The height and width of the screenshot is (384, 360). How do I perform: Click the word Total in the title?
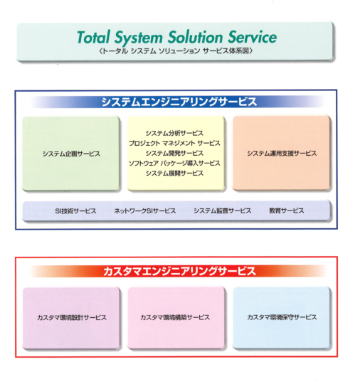(93, 38)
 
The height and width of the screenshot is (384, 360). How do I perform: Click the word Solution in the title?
(196, 37)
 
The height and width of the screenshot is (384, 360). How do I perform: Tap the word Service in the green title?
(253, 37)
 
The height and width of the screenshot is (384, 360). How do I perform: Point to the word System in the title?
(139, 38)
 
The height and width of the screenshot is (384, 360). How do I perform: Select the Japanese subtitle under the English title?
(176, 51)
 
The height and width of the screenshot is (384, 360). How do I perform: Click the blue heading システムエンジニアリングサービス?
(179, 102)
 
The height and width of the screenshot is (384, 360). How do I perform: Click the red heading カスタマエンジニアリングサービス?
(179, 272)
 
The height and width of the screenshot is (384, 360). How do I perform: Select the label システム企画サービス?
(71, 154)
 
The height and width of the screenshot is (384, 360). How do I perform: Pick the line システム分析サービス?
(174, 133)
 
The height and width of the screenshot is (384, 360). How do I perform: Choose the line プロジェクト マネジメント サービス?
(174, 143)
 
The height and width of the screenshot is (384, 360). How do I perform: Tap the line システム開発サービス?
(174, 154)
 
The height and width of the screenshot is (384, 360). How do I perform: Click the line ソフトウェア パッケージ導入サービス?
(174, 164)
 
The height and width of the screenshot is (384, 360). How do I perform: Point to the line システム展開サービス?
(174, 174)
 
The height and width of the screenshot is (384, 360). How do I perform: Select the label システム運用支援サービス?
(282, 154)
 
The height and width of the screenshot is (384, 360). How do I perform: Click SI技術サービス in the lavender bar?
(75, 211)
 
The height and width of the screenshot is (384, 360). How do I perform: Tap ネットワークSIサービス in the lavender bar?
(145, 211)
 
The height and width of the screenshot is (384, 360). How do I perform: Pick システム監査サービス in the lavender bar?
(223, 210)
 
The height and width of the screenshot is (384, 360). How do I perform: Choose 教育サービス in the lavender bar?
(287, 210)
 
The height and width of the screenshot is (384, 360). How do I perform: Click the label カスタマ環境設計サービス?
(72, 318)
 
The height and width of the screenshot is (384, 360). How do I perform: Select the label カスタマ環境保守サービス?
(282, 317)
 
